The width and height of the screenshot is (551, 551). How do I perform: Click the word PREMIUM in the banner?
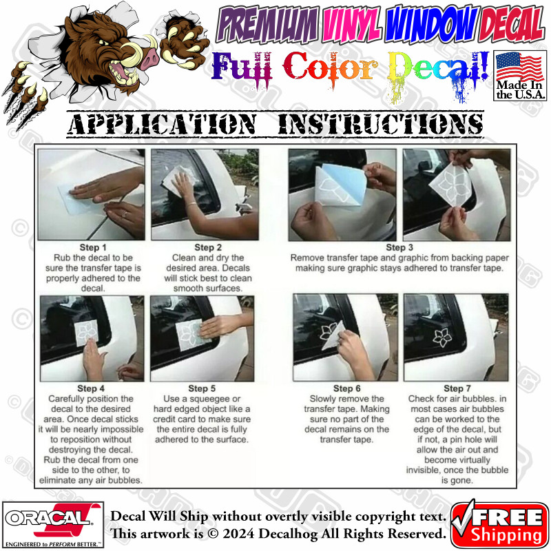(x=268, y=25)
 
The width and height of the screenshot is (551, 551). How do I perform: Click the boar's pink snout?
(x=150, y=58)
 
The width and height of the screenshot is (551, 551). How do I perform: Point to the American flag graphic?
(x=519, y=66)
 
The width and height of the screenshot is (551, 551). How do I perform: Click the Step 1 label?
(x=93, y=247)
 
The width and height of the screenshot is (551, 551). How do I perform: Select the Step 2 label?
(x=208, y=247)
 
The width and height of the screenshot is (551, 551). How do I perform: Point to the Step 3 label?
(x=399, y=247)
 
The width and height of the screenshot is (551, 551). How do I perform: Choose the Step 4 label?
(x=91, y=388)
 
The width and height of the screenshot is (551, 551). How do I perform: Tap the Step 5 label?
(x=202, y=388)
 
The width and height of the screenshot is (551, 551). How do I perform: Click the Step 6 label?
(x=347, y=388)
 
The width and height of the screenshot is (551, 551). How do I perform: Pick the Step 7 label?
(x=457, y=388)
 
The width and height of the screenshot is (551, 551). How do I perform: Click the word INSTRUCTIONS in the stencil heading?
(x=381, y=125)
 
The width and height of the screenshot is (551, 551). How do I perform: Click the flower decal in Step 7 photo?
(x=442, y=337)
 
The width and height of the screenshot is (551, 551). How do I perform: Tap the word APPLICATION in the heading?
(x=162, y=125)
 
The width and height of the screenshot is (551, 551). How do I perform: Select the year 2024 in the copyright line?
(x=238, y=534)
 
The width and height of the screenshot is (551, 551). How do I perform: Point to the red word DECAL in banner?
(x=511, y=24)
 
